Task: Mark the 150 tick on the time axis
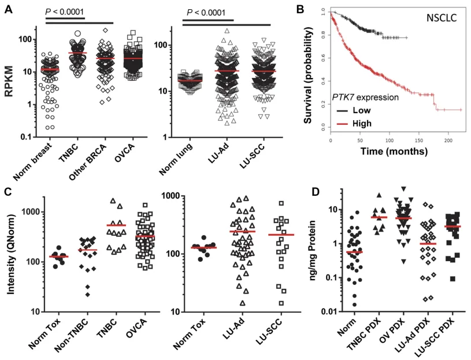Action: [420, 142]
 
